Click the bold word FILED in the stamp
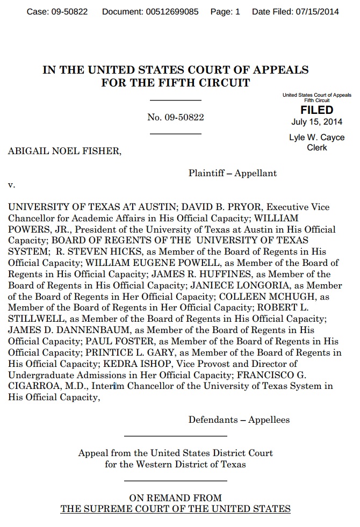(x=316, y=110)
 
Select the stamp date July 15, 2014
(x=316, y=121)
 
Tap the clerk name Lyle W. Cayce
(x=316, y=138)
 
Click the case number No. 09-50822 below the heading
(x=175, y=117)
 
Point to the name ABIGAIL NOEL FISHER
(x=64, y=151)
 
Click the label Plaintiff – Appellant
(x=232, y=173)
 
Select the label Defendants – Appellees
(x=239, y=420)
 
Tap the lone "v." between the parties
(x=11, y=185)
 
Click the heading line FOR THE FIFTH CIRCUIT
(x=175, y=83)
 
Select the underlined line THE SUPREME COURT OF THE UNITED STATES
(x=175, y=509)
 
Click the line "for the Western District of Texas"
(x=175, y=464)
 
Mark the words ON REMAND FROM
(x=175, y=498)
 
